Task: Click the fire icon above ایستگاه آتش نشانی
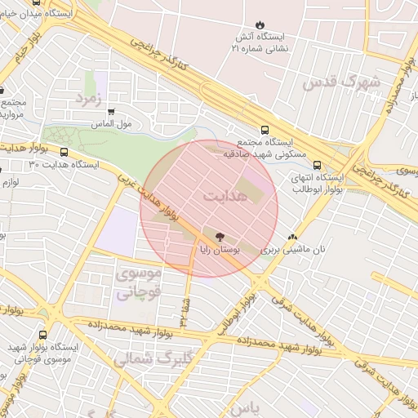pos(260,24)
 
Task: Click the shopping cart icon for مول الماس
pos(111,112)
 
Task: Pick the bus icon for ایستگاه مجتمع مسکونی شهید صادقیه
pos(264,130)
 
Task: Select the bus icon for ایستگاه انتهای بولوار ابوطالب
pos(317,165)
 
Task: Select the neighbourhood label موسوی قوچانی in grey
pos(140,282)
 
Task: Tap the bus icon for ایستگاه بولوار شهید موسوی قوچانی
pos(42,334)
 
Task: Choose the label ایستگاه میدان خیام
pos(37,14)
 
